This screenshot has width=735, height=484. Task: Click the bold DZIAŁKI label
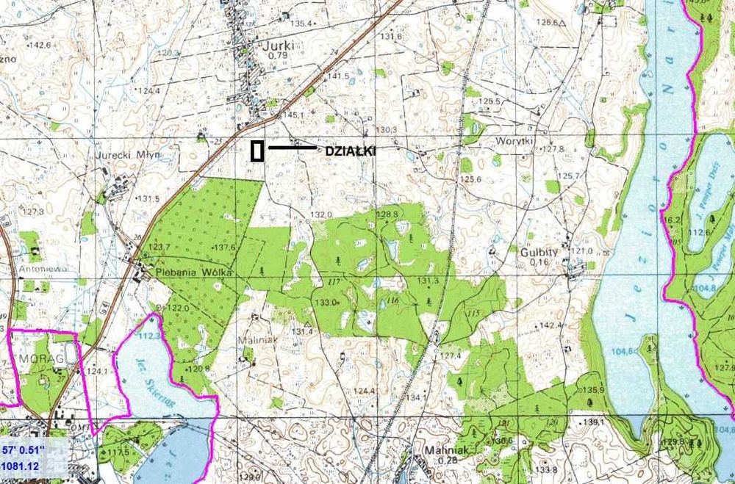351,151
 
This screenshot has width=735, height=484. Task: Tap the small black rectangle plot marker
257,151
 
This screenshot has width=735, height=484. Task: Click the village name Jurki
281,45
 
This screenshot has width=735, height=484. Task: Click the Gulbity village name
539,251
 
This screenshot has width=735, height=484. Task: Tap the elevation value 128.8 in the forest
387,214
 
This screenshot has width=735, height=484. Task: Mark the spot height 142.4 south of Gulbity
551,325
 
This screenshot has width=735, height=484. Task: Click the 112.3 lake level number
148,336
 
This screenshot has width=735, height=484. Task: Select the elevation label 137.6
223,248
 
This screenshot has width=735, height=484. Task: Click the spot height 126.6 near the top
547,22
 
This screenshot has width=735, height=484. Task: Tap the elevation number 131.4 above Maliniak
303,331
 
